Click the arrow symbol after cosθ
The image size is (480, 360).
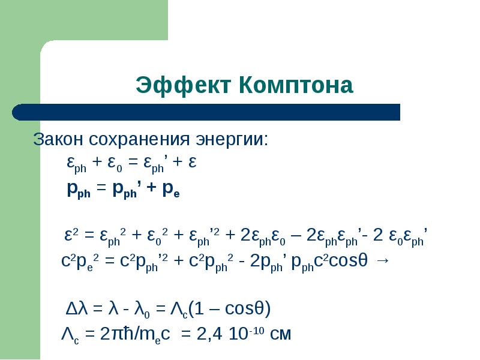coord(383,262)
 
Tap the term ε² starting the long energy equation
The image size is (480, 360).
coord(73,235)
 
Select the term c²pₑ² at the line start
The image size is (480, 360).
coord(82,263)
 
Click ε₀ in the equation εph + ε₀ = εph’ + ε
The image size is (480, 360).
coord(115,164)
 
